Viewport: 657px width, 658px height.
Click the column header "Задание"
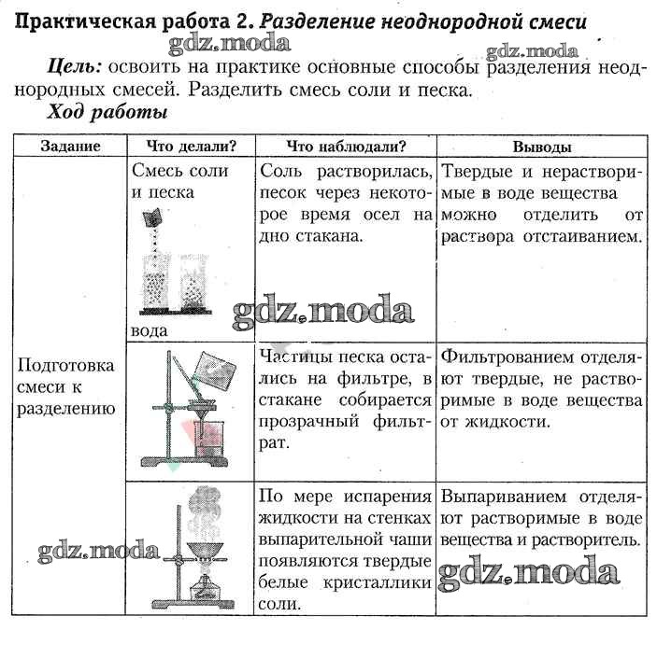(70, 147)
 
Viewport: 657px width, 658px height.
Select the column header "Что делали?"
(192, 147)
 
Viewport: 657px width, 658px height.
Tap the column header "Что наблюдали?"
(346, 147)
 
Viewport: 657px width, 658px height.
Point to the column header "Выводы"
(542, 147)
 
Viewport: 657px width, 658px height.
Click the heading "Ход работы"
(107, 113)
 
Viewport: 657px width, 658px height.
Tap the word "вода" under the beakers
(150, 330)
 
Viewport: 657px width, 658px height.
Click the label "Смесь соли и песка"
(177, 181)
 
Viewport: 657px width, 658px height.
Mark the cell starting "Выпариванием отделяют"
(542, 517)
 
